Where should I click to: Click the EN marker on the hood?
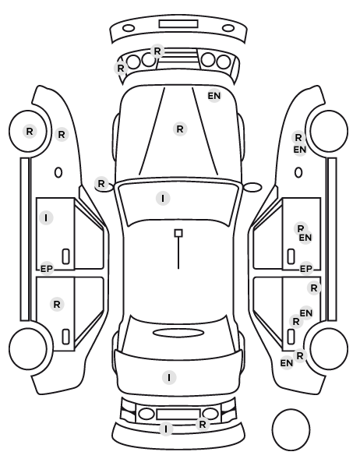(214, 96)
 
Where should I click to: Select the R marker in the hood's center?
(180, 129)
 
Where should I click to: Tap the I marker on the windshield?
(163, 198)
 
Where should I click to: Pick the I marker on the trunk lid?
(169, 377)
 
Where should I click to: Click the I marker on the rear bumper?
(166, 429)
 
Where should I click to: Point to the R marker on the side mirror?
(101, 183)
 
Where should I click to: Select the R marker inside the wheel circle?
(30, 131)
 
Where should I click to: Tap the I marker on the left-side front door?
(46, 218)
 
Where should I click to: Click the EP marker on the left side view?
(47, 269)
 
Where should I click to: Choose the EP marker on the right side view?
(306, 269)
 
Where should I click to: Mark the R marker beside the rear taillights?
(202, 424)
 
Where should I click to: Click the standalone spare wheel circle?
(291, 429)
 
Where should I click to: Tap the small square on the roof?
(178, 233)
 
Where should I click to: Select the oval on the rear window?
(178, 333)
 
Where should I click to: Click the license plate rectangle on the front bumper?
(178, 24)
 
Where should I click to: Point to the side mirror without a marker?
(252, 187)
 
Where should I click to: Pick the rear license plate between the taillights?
(178, 415)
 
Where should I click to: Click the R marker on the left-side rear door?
(57, 304)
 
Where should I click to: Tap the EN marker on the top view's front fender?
(214, 96)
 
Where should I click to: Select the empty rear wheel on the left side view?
(28, 348)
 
